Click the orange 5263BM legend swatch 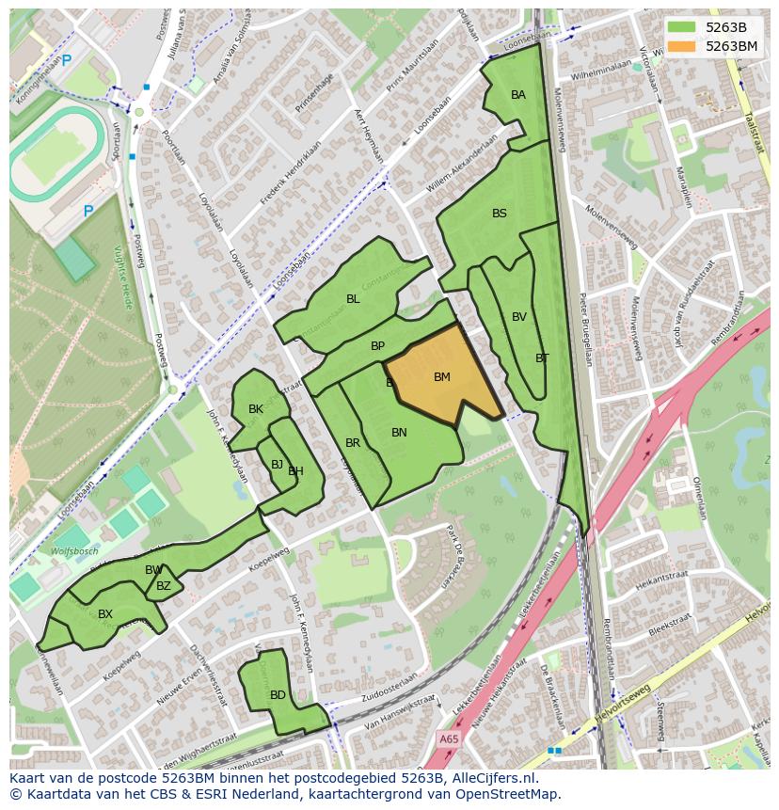tap(683, 46)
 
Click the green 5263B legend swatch tap(683, 27)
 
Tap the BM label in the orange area tap(442, 377)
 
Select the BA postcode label tap(518, 95)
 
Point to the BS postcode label tap(500, 214)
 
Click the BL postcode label tap(353, 299)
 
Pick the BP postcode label tap(377, 346)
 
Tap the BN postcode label tap(399, 433)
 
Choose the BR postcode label tap(353, 443)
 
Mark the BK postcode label tap(256, 409)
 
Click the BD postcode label tap(278, 695)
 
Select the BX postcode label tap(105, 614)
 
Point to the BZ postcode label tap(164, 586)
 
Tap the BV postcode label tap(519, 317)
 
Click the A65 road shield tap(449, 740)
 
